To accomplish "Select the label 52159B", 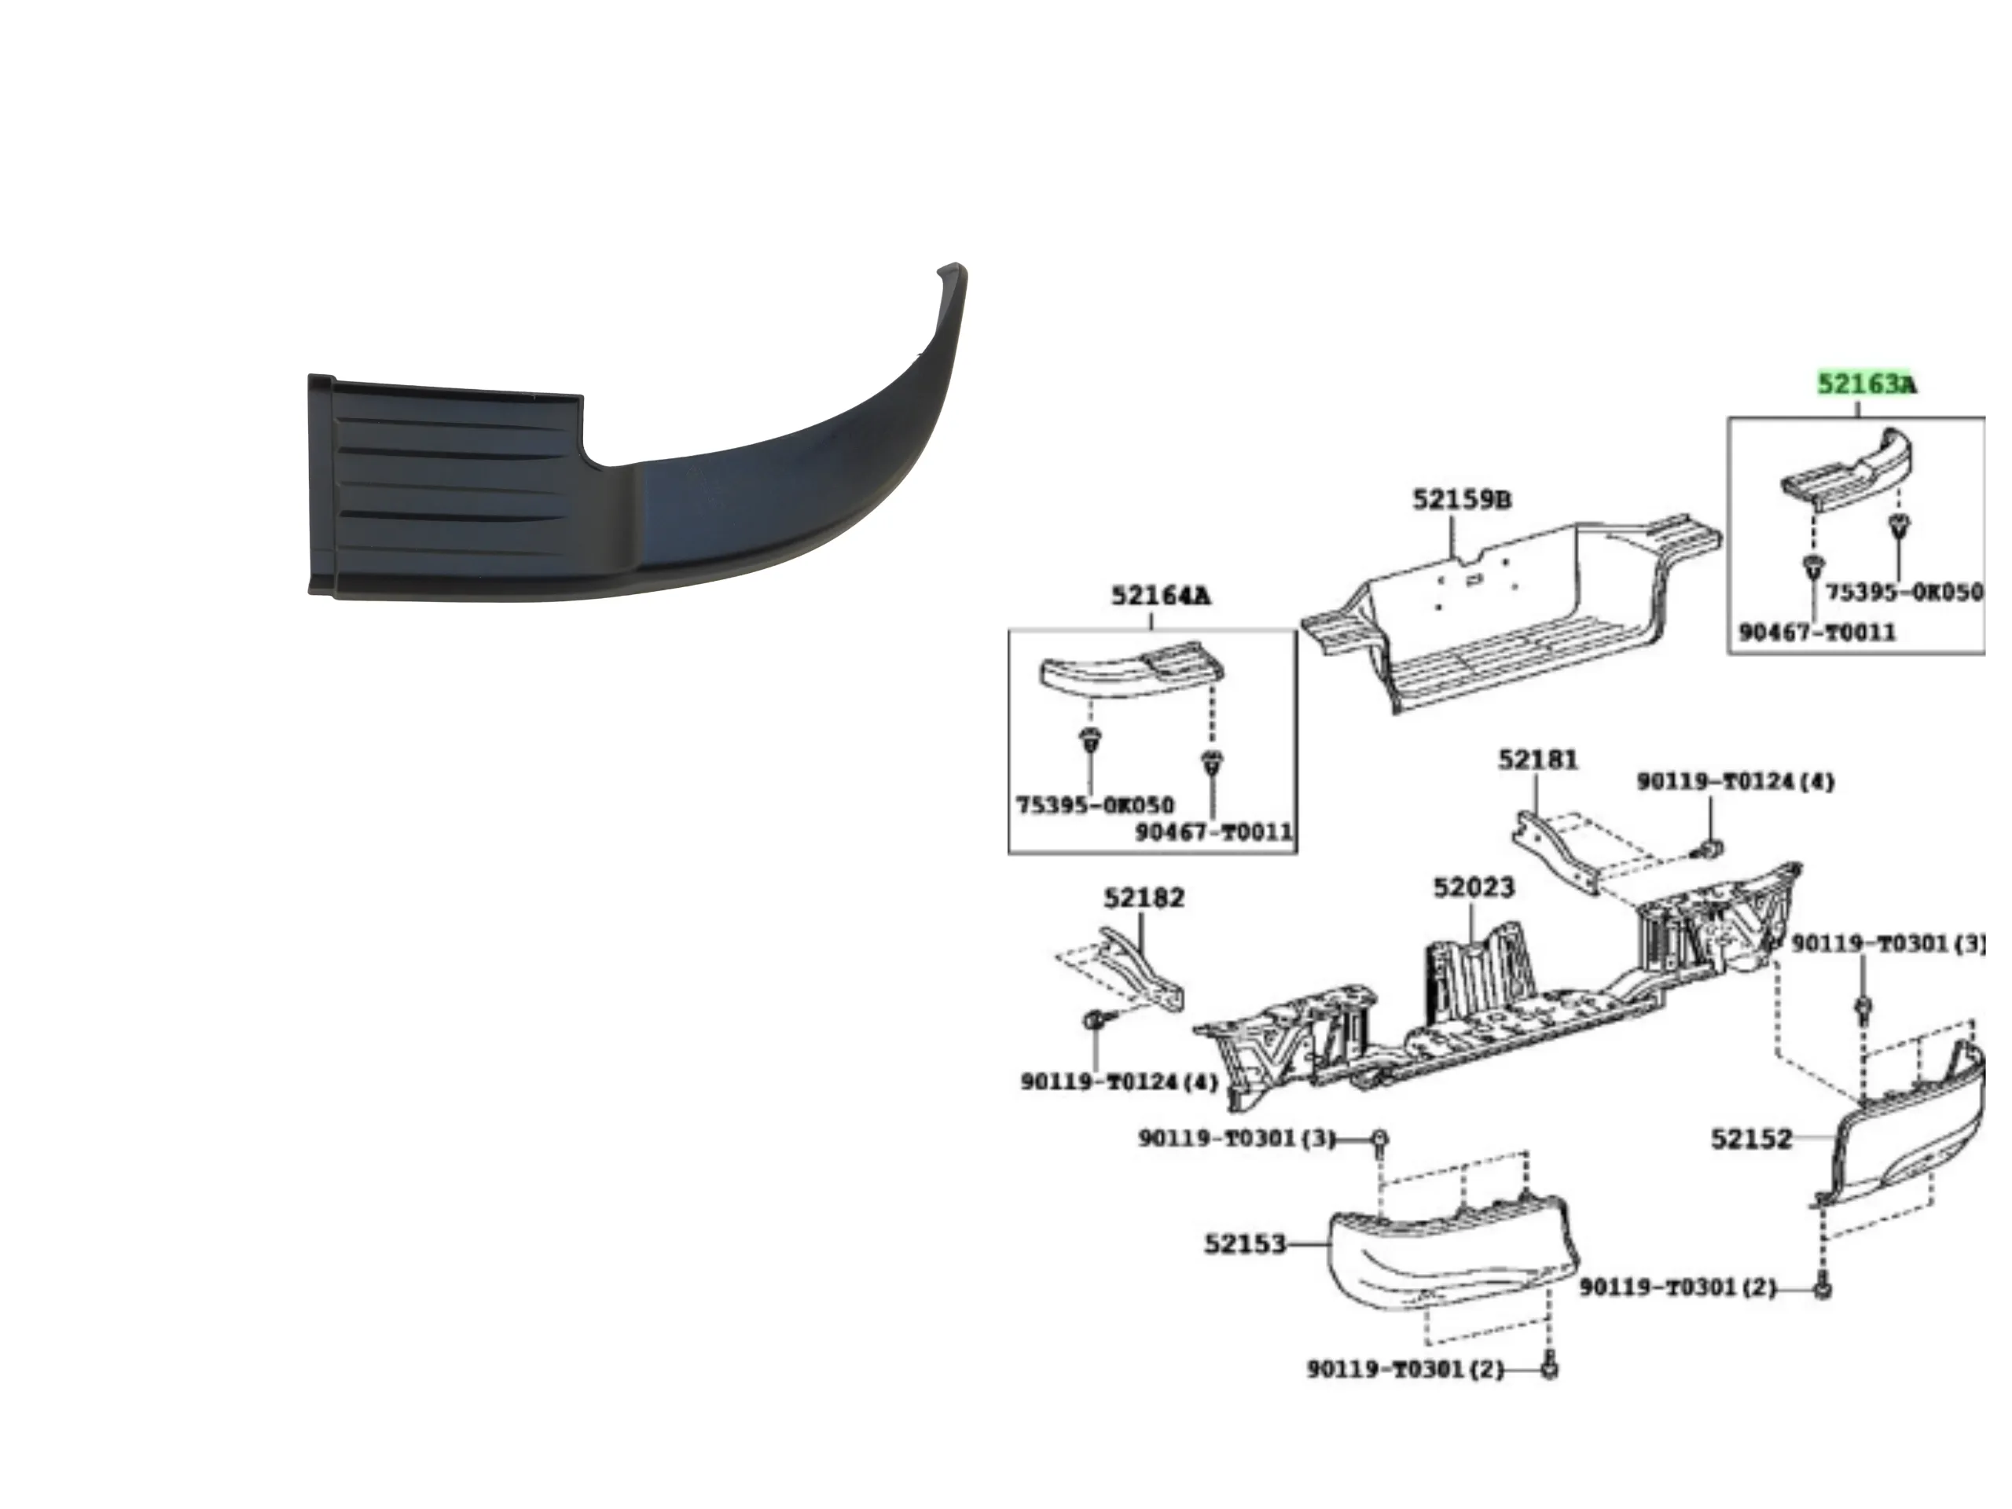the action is point(1462,499).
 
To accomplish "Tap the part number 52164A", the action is point(1161,596).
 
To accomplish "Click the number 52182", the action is point(1144,898).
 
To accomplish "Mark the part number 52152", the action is point(1751,1139).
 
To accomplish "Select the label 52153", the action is point(1245,1243).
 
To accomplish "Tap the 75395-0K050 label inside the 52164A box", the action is point(1094,805).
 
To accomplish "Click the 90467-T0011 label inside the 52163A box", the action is point(1816,631).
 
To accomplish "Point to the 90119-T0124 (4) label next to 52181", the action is point(1735,781).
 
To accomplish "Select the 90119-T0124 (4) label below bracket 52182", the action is point(1119,1081).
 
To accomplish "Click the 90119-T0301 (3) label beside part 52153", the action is point(1237,1138).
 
